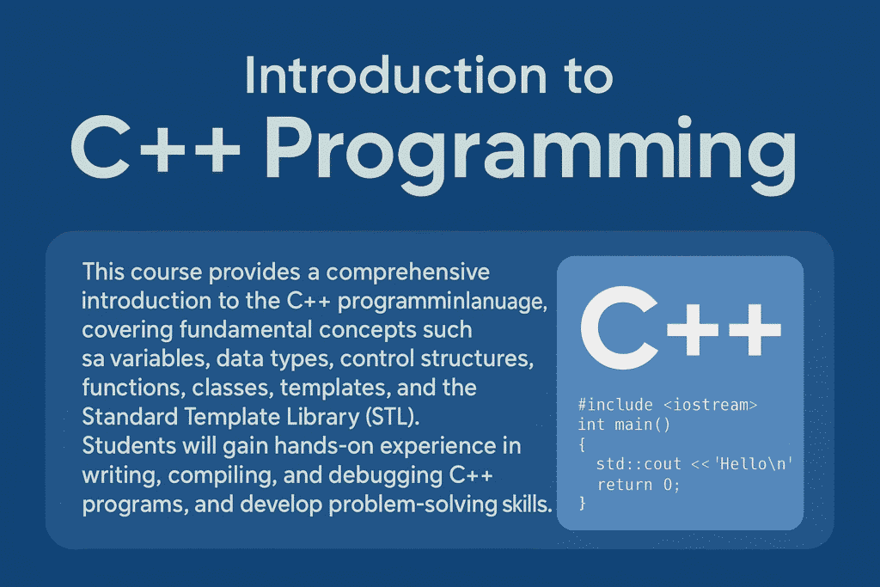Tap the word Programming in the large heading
(529, 151)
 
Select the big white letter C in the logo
(619, 327)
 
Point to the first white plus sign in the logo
(693, 330)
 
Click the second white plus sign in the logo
(755, 330)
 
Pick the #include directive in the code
(615, 405)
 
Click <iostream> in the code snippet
(710, 405)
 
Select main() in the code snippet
(643, 425)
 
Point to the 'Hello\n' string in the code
(754, 463)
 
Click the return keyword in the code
(625, 485)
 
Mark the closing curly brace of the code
(582, 503)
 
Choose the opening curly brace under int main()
(582, 445)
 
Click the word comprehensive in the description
(408, 272)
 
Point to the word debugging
(386, 476)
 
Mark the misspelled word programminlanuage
(442, 302)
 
